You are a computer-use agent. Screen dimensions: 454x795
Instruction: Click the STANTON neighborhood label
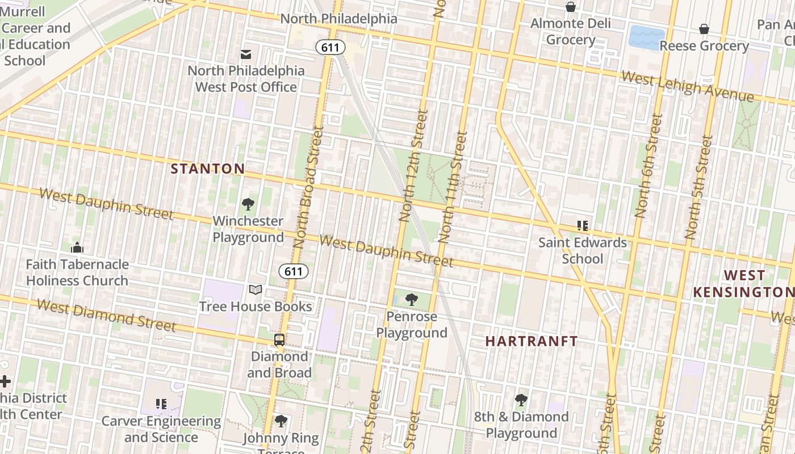(208, 169)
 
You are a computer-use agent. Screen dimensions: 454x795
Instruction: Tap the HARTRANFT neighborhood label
(532, 341)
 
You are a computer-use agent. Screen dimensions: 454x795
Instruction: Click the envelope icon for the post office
(246, 54)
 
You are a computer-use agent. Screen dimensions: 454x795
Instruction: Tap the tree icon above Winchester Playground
(248, 204)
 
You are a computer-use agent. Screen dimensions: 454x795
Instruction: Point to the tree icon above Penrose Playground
(412, 300)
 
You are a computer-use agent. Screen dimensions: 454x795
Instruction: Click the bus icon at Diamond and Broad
(279, 340)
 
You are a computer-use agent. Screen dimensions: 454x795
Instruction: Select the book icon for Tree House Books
(256, 290)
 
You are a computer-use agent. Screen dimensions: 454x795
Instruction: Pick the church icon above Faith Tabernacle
(77, 247)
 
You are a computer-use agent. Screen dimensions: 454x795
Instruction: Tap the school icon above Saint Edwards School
(583, 226)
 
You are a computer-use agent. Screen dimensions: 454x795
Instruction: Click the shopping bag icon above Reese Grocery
(704, 29)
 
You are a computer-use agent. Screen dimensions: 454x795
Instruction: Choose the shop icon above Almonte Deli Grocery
(571, 7)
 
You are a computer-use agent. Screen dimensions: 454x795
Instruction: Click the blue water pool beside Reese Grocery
(646, 37)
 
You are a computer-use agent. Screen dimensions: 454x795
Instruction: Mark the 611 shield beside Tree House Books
(294, 271)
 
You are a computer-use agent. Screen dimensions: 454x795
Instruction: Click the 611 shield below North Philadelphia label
(330, 47)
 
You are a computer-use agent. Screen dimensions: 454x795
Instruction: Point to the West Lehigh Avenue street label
(687, 86)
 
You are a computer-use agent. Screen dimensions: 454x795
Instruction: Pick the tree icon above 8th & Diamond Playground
(521, 400)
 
